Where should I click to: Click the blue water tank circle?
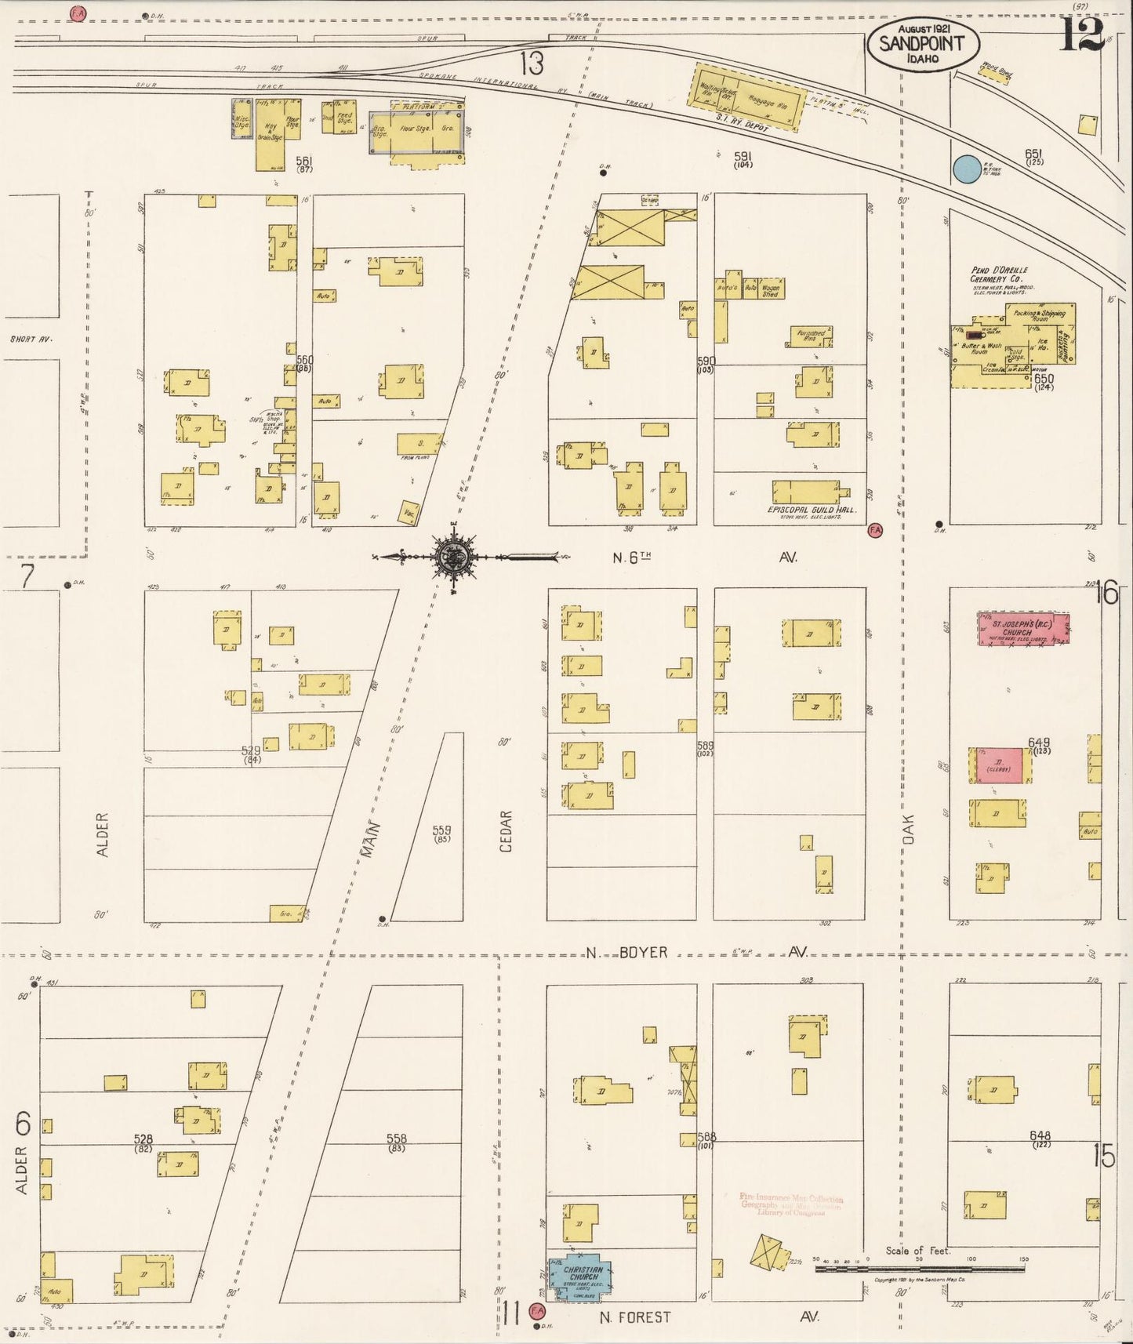(x=967, y=168)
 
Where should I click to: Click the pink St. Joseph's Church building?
(x=1024, y=629)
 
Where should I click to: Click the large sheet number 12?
(x=1082, y=35)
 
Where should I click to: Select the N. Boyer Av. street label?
(x=698, y=952)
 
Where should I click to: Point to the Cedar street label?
(x=506, y=831)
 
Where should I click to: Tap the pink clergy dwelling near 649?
(x=999, y=766)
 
